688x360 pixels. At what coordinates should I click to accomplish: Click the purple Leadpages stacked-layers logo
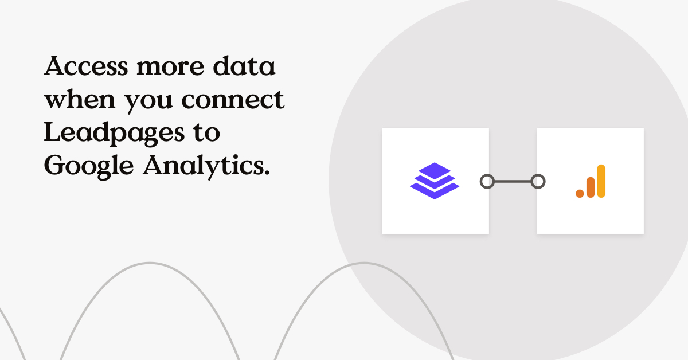[x=435, y=181]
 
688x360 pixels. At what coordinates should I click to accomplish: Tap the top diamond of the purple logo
[x=435, y=170]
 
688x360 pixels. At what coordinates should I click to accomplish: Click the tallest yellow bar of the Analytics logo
[x=601, y=181]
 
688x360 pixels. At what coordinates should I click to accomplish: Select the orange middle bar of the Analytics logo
[x=591, y=187]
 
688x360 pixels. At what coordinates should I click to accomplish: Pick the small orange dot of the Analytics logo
[x=580, y=194]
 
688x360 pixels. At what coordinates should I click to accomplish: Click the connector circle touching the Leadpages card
[x=487, y=182]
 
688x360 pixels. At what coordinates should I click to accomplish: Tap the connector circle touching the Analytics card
[x=537, y=182]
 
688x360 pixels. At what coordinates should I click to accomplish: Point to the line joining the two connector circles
[x=512, y=182]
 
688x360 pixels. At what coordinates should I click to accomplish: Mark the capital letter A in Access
[x=55, y=68]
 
